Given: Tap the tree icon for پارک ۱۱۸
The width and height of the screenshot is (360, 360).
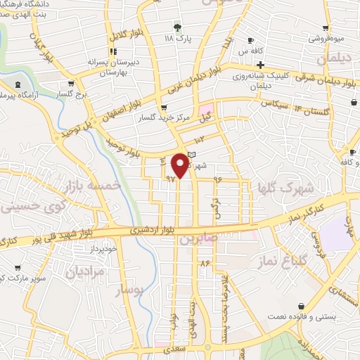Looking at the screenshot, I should point(177,27).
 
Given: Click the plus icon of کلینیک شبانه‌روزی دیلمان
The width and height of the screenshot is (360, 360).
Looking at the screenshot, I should point(260,65).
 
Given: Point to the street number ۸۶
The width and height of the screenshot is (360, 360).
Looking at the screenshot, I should point(205,263).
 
